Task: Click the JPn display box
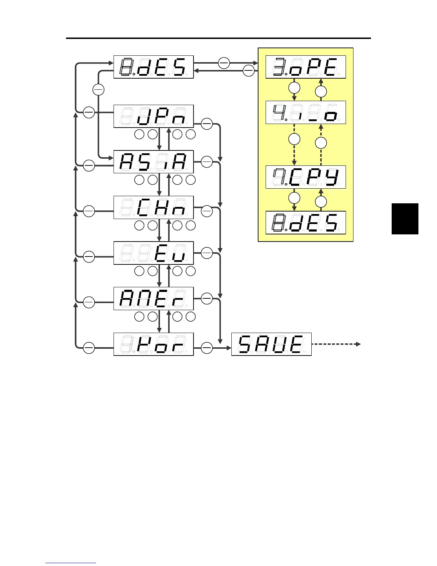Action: click(x=154, y=116)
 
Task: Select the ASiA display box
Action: click(x=154, y=162)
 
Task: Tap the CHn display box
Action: click(x=154, y=208)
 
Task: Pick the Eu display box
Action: click(x=154, y=253)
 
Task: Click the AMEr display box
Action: click(x=154, y=298)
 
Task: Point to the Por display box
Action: click(x=154, y=344)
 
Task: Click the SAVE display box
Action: click(x=271, y=344)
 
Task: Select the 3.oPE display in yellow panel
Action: click(x=306, y=67)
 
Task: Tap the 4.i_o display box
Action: click(x=306, y=113)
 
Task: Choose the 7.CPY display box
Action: click(x=306, y=177)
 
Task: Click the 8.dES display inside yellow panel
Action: click(x=306, y=223)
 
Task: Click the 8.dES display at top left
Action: click(x=154, y=67)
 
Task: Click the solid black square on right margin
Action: click(x=405, y=219)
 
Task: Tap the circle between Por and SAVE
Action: click(x=207, y=347)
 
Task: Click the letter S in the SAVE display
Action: click(x=247, y=344)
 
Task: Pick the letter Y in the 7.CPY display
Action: click(x=332, y=177)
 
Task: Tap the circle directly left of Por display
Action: click(x=89, y=347)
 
